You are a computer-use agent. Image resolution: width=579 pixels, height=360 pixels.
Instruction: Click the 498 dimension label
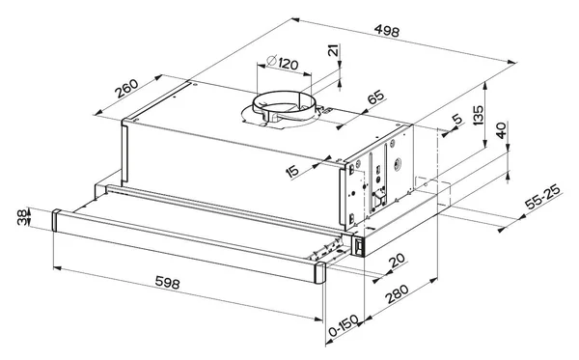387,30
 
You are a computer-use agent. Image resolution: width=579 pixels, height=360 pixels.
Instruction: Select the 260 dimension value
126,89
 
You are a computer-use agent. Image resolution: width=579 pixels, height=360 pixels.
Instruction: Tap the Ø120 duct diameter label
282,63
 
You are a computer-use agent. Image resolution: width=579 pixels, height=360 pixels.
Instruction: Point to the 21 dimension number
333,50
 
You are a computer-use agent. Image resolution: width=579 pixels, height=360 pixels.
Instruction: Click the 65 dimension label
376,97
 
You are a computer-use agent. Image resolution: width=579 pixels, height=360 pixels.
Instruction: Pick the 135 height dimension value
478,115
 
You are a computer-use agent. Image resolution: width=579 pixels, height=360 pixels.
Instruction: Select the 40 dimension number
501,130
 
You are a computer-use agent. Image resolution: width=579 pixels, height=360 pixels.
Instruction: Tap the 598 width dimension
167,283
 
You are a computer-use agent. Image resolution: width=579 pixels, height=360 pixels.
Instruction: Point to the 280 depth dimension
398,293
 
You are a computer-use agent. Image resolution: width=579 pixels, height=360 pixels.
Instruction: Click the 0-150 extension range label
344,326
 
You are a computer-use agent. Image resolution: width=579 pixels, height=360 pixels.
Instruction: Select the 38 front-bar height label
22,217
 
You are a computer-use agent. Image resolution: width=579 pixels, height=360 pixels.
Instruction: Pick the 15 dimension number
292,172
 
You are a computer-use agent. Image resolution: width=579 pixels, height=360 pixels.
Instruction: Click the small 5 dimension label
457,120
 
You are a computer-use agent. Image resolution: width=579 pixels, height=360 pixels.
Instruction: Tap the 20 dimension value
397,261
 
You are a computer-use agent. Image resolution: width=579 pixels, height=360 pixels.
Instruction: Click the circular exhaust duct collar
284,103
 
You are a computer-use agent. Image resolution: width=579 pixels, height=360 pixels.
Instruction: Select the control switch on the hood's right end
358,246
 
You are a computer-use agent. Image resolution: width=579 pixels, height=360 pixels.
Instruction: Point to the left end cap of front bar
56,220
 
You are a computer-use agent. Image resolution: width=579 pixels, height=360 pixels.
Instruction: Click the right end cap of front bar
320,272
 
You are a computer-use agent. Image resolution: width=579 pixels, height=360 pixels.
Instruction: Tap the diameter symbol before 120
271,60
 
